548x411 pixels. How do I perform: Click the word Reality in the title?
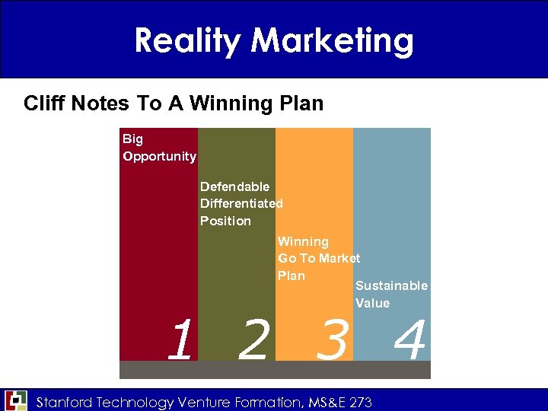coord(185,40)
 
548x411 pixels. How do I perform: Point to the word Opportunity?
coord(159,156)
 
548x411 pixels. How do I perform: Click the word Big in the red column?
coord(132,139)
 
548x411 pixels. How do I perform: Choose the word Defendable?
coord(234,186)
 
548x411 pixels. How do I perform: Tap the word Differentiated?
coord(241,203)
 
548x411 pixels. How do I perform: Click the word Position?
coord(225,221)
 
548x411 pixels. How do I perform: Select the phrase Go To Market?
coord(319,259)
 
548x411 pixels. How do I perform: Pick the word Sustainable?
coord(391,286)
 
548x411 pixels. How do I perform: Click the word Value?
coord(372,303)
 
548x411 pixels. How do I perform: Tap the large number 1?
coord(180,340)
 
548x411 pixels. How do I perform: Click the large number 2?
coord(253,340)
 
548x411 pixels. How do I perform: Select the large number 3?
coord(333,340)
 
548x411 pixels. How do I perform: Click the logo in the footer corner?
coord(16,400)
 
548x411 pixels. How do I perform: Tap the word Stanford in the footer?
coord(65,403)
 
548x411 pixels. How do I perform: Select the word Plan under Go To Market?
coord(292,276)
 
